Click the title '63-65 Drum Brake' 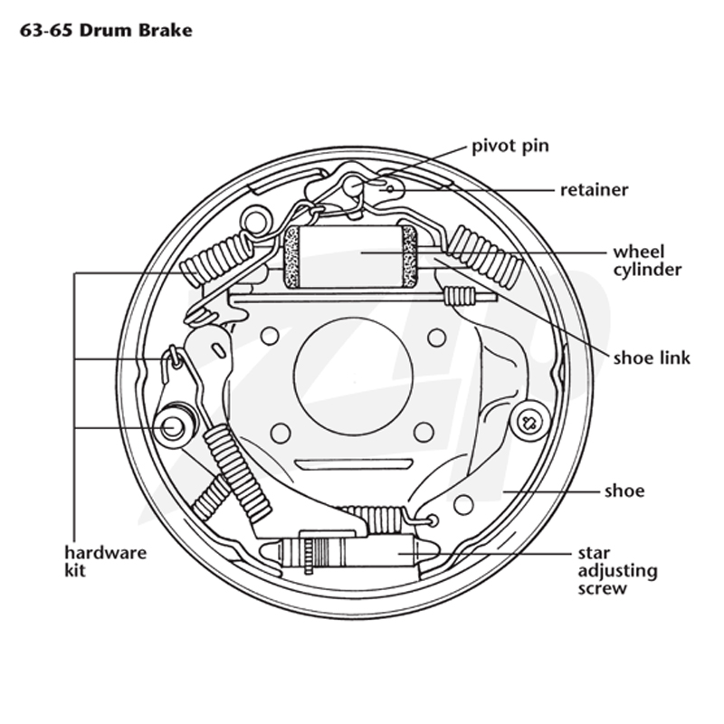(106, 31)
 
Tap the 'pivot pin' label (510, 147)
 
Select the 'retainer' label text (595, 190)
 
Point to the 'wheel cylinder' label (647, 261)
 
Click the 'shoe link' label (652, 357)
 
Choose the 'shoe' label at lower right (624, 491)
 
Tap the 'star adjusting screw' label (618, 571)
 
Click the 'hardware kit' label (105, 561)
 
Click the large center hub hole (353, 376)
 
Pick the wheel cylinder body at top (350, 256)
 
